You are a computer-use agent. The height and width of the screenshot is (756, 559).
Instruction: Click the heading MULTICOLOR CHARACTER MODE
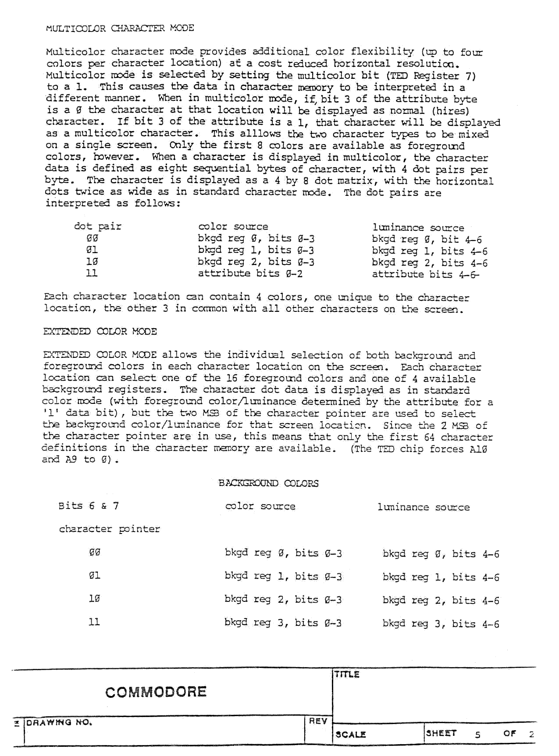(x=120, y=28)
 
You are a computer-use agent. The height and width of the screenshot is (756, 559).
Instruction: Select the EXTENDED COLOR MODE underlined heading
(x=100, y=332)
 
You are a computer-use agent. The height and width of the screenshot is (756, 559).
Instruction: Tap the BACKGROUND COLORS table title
(x=268, y=483)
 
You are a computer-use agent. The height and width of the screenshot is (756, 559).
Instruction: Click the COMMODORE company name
(x=156, y=692)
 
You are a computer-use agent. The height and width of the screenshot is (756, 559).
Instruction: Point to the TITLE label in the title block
(x=347, y=675)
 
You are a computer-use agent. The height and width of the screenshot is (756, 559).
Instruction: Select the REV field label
(x=318, y=721)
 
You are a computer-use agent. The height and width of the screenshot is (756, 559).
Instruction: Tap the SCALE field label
(x=351, y=735)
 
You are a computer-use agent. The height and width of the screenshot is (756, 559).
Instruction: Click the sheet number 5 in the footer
(x=477, y=735)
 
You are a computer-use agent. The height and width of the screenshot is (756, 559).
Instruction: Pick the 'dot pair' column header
(x=97, y=226)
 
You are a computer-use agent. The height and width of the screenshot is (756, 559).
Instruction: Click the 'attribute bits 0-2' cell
(x=250, y=274)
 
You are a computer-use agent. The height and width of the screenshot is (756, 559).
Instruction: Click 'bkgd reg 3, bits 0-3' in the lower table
(x=283, y=623)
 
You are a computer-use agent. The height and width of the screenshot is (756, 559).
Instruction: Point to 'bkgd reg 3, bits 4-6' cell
(x=441, y=624)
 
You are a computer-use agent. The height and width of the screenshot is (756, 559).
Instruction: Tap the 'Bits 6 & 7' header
(x=89, y=506)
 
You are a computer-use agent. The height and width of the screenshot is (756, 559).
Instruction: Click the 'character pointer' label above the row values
(x=110, y=529)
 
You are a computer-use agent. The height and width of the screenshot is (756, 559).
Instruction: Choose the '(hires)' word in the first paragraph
(x=450, y=111)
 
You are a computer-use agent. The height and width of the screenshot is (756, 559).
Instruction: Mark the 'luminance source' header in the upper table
(x=418, y=228)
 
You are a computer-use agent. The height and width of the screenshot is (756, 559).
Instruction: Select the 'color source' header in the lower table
(x=260, y=506)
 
